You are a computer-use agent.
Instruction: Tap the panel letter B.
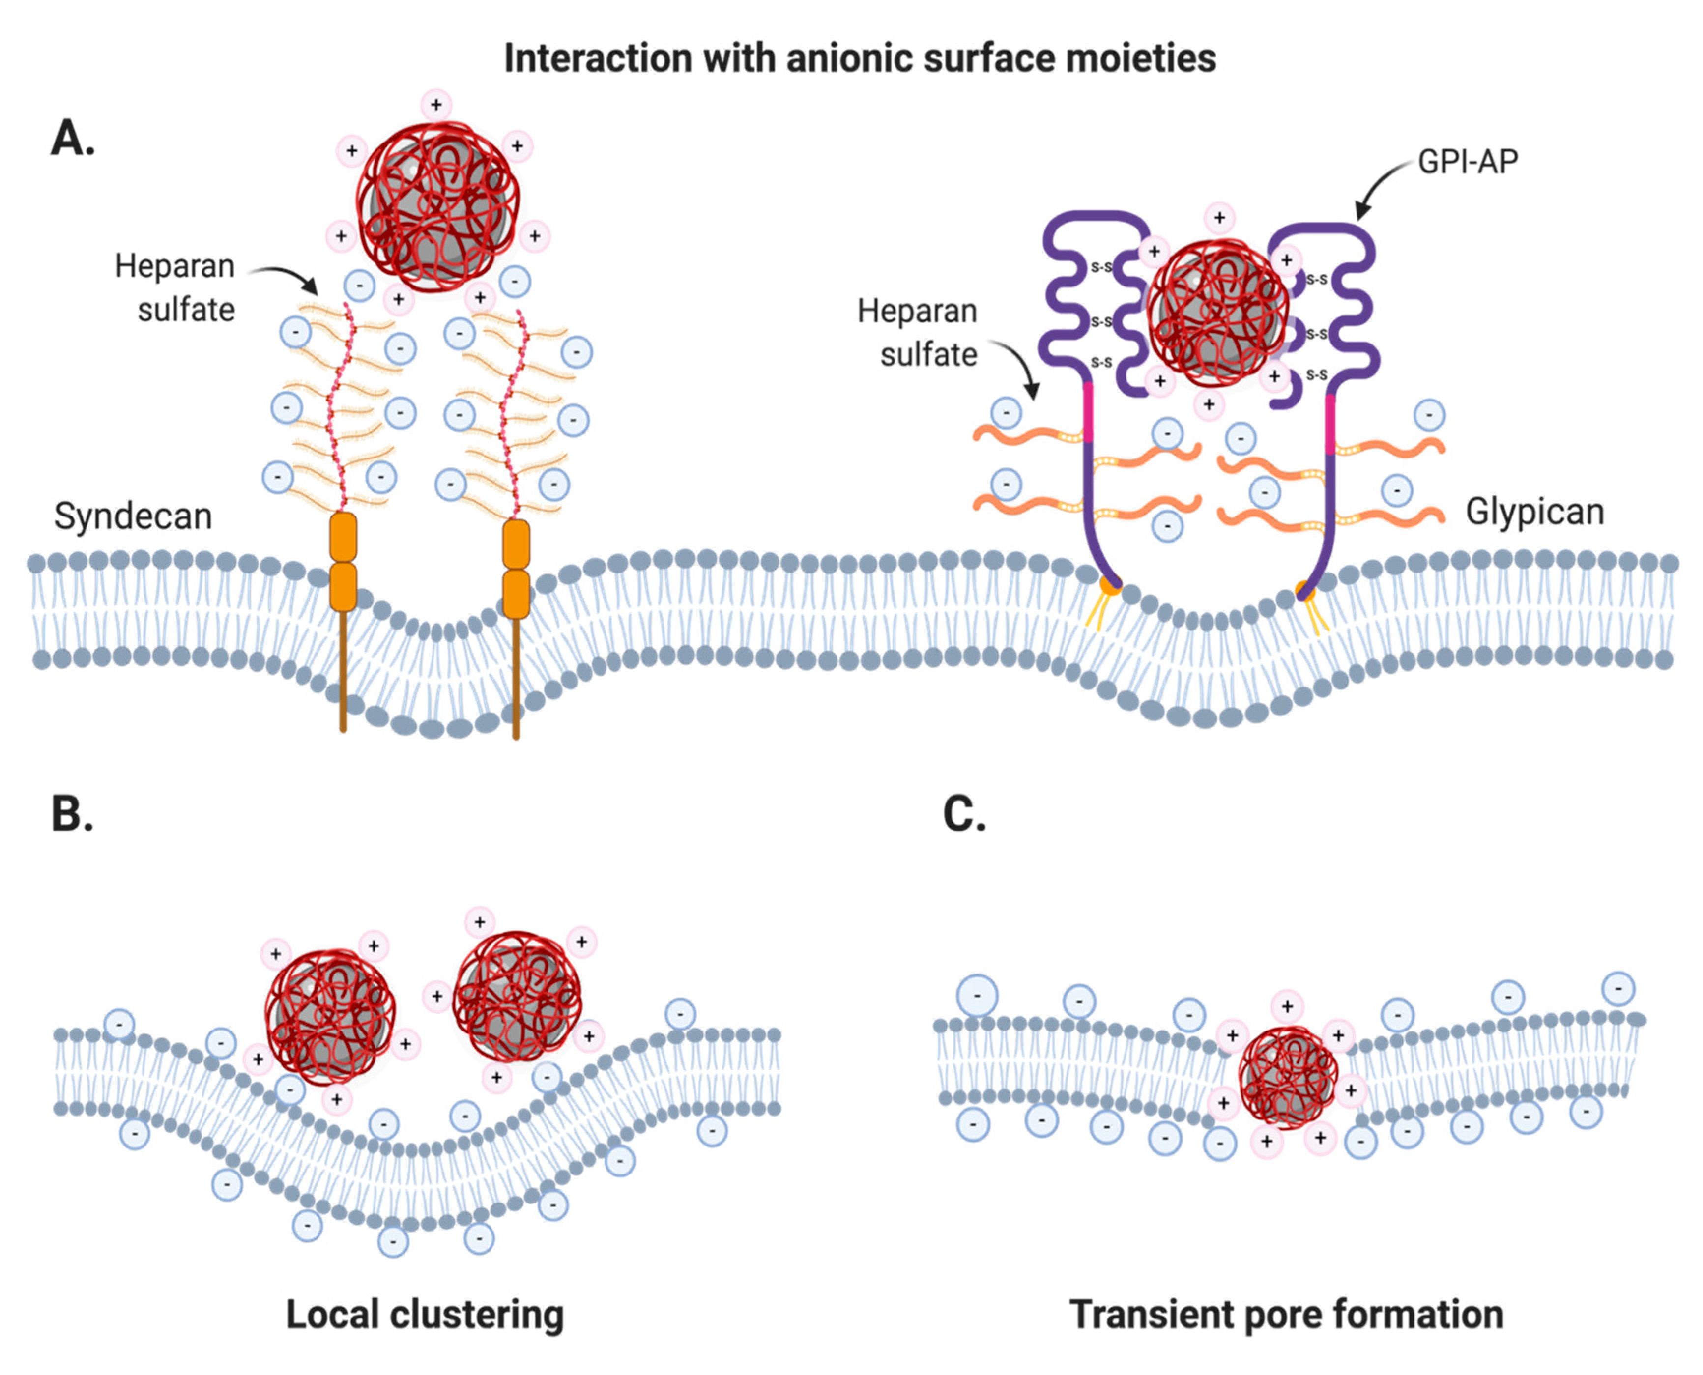[x=71, y=813]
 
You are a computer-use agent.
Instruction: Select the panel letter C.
[x=963, y=813]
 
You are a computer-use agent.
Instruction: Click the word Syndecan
[x=133, y=516]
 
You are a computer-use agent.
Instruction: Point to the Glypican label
[x=1534, y=513]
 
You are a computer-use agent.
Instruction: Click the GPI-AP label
[x=1467, y=162]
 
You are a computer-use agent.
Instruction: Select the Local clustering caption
[x=425, y=1315]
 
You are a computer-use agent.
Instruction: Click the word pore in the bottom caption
[x=1285, y=1315]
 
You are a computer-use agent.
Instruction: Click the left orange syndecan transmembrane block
[x=343, y=562]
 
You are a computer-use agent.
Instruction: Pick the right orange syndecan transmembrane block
[x=516, y=569]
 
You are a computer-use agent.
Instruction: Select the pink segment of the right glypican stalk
[x=1330, y=424]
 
